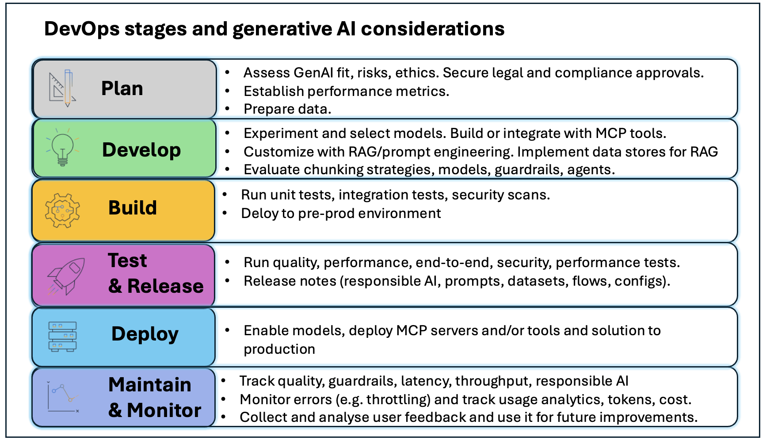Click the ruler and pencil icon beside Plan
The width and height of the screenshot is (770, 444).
pyautogui.click(x=62, y=88)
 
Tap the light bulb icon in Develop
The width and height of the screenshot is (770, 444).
pyautogui.click(x=62, y=148)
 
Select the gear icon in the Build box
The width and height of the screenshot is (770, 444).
pyautogui.click(x=62, y=210)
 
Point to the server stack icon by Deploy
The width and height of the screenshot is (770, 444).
pyautogui.click(x=62, y=337)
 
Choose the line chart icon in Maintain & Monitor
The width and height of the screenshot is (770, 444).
pyautogui.click(x=63, y=397)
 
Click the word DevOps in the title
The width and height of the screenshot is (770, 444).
pyautogui.click(x=82, y=29)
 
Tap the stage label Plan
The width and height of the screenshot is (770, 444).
pyautogui.click(x=122, y=88)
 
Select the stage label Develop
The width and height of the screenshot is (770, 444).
pyautogui.click(x=141, y=150)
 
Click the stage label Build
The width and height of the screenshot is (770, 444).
pyautogui.click(x=133, y=208)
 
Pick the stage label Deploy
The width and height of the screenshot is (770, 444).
pyautogui.click(x=145, y=334)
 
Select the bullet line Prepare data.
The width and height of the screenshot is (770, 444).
pyautogui.click(x=287, y=109)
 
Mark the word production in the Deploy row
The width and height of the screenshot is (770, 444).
pyautogui.click(x=279, y=349)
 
